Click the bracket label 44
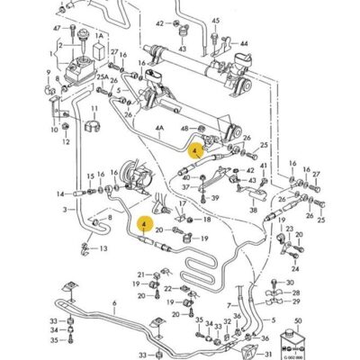[244, 42]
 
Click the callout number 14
[59, 193]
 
